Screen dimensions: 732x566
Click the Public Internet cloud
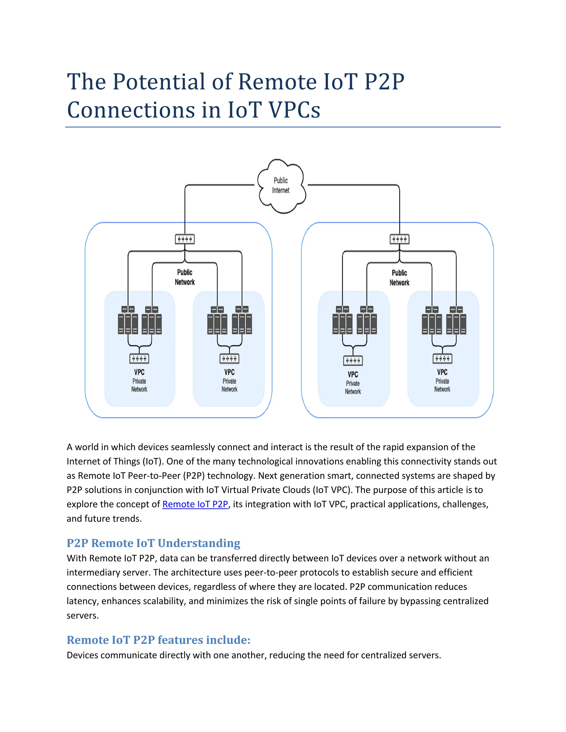[x=281, y=186]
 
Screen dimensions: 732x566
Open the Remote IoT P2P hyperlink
[x=195, y=504]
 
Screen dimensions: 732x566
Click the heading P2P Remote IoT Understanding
[x=153, y=543]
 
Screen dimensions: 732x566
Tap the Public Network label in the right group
[x=399, y=278]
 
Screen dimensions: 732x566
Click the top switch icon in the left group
[x=185, y=239]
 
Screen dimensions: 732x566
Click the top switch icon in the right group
[x=399, y=239]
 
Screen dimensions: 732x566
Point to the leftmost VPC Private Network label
[x=139, y=380]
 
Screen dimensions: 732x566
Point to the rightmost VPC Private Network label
[x=442, y=380]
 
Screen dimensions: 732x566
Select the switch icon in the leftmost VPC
[x=139, y=359]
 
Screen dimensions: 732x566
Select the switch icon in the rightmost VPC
[x=442, y=359]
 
